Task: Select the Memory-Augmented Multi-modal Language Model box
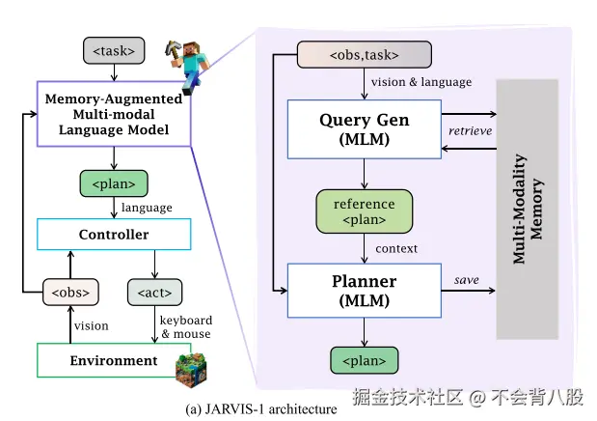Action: (114, 114)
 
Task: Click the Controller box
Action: (113, 235)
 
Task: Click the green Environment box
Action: (113, 360)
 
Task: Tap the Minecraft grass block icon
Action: (193, 370)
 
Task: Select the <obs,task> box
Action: (350, 54)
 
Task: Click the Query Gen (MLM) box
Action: (364, 129)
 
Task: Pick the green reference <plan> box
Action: (364, 211)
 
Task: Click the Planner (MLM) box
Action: (364, 291)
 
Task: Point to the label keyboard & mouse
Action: (184, 327)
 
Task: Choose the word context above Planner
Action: (396, 248)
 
